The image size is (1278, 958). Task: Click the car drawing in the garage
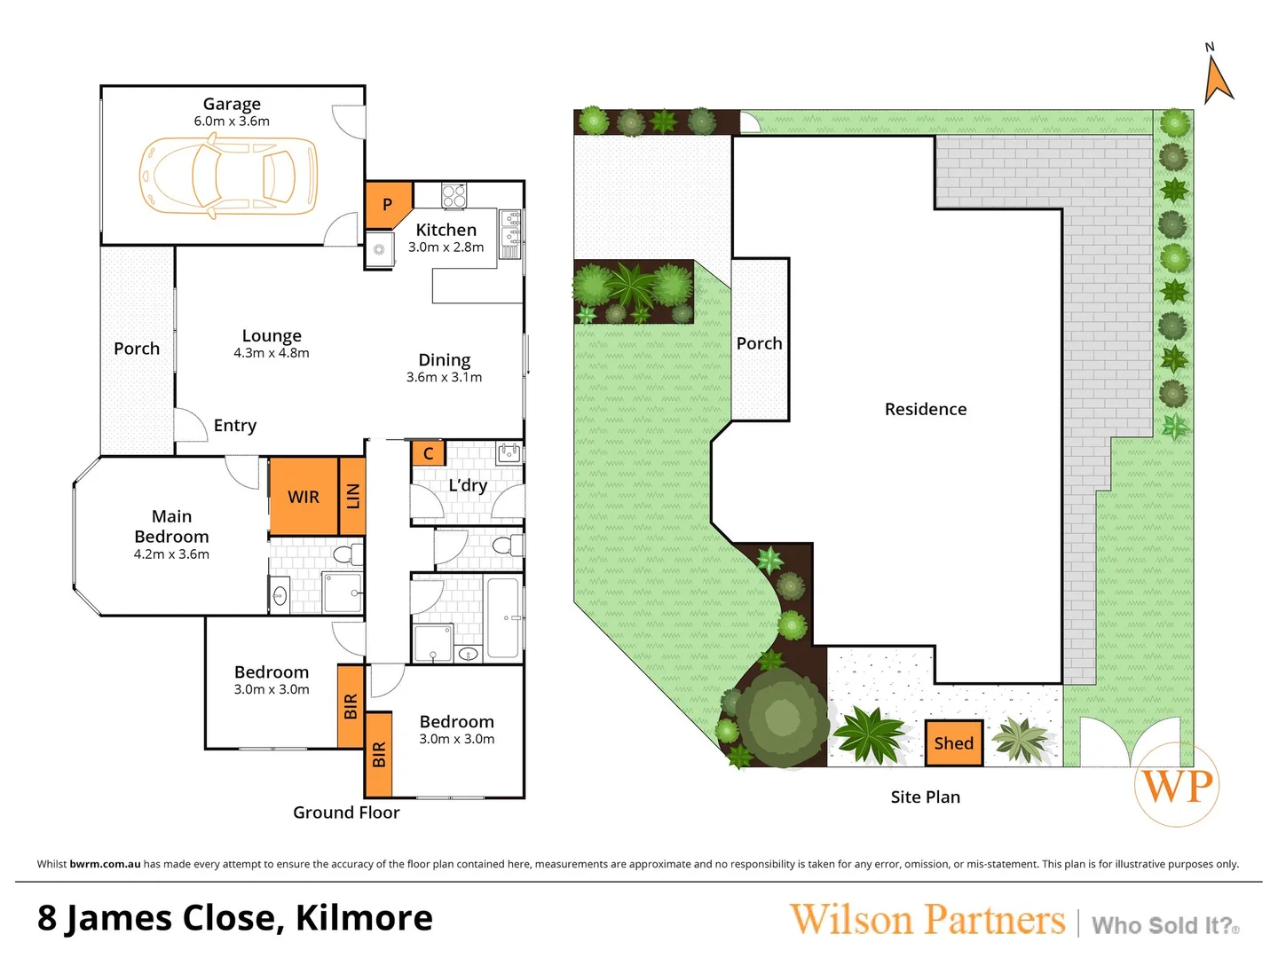click(229, 176)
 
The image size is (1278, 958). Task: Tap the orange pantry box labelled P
click(387, 204)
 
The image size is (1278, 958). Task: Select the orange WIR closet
click(304, 497)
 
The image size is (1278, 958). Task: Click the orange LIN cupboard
click(353, 497)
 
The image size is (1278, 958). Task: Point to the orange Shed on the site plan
click(953, 743)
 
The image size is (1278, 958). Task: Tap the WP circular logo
click(1177, 785)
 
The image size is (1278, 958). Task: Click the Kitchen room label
click(446, 230)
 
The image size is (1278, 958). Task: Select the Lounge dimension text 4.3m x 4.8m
click(272, 353)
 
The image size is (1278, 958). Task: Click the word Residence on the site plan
click(926, 409)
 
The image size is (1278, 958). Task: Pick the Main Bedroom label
click(171, 526)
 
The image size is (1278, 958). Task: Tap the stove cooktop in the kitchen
click(454, 194)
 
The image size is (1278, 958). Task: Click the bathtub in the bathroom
click(503, 617)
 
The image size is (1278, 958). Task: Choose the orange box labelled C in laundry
click(428, 453)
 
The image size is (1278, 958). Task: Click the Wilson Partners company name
click(927, 920)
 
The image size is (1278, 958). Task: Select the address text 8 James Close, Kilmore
click(235, 918)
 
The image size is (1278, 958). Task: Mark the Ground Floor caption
click(346, 813)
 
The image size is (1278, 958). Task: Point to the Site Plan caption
click(926, 797)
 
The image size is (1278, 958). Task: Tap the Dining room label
click(445, 360)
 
